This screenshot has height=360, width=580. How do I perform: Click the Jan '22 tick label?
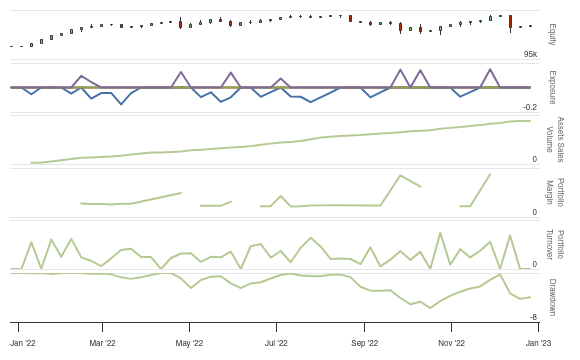[23, 342]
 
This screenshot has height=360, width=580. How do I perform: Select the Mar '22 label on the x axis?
[103, 342]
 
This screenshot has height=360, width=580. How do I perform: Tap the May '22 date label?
[190, 342]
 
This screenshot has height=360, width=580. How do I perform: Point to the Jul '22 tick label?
[277, 342]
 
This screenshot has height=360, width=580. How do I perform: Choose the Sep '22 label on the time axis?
[365, 342]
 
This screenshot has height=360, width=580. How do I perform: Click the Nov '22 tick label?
[452, 342]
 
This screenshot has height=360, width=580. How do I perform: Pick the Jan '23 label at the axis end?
[539, 342]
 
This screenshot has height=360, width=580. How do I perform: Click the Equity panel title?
[552, 34]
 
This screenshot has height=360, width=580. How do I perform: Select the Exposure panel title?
[552, 87]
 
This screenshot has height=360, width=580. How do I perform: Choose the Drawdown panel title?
[552, 296]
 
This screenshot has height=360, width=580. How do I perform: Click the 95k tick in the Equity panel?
[530, 54]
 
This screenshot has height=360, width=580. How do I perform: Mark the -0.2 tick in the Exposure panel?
[530, 107]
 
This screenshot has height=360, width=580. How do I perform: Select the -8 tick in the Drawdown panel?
[534, 317]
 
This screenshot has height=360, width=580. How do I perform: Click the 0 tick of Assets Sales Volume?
[534, 159]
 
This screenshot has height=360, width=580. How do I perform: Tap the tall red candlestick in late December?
[510, 21]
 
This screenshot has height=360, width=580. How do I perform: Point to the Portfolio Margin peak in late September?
[400, 176]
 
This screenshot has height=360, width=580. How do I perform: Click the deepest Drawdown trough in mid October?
[430, 308]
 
